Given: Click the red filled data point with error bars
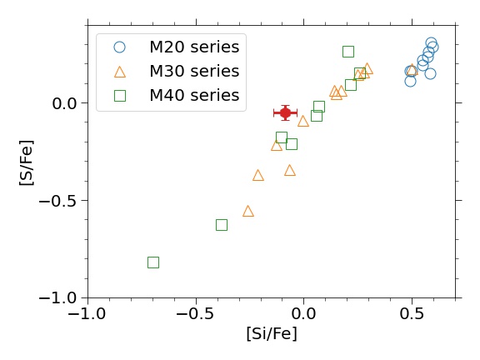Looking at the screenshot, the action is click(285, 113).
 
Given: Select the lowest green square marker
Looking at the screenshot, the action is click(153, 262).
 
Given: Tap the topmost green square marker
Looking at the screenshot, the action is click(348, 52).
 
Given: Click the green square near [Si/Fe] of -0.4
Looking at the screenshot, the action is click(222, 225).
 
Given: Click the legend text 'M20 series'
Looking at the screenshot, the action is click(194, 47).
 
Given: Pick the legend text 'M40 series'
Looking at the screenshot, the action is click(194, 95).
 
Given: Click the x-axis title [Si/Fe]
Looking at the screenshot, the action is click(272, 333).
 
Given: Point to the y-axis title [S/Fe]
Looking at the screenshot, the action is click(27, 162).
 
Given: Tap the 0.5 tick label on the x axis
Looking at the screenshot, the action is click(412, 314).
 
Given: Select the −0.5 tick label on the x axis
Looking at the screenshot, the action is click(196, 314).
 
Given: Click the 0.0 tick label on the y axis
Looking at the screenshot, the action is click(64, 103).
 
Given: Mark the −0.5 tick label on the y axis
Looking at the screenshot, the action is click(57, 201).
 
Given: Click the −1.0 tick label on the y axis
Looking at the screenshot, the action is click(57, 298).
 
